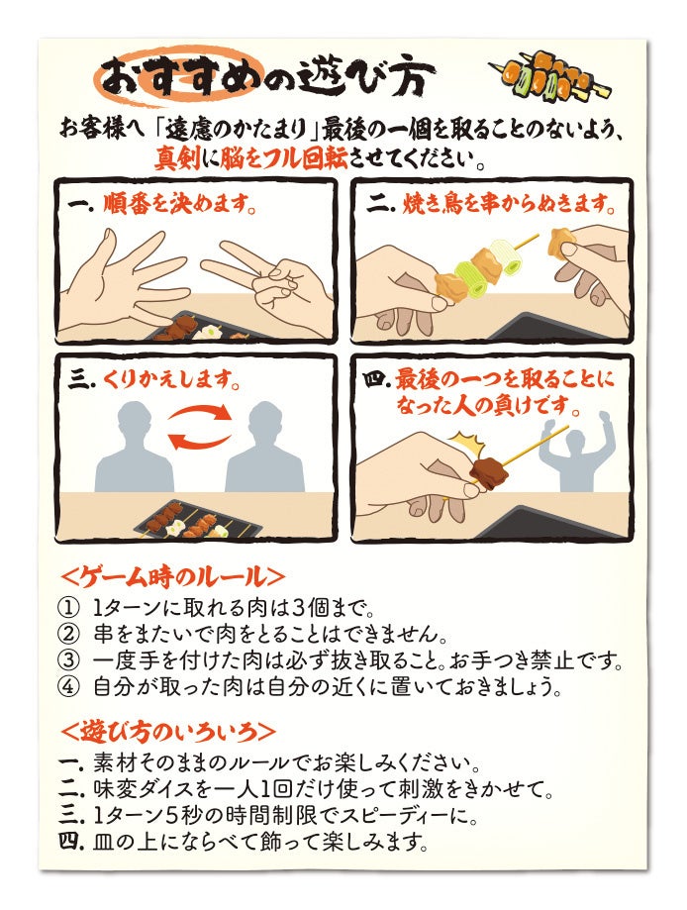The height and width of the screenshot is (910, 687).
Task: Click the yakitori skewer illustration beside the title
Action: [549, 76]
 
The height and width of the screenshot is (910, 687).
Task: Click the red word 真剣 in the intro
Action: [177, 157]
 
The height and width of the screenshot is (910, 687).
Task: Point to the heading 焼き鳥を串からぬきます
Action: [508, 204]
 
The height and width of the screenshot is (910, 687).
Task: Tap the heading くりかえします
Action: [172, 380]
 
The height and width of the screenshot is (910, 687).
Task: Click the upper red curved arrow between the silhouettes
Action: [200, 413]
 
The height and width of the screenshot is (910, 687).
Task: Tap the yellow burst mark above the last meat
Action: [462, 443]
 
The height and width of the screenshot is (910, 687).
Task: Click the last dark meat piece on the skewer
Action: [489, 470]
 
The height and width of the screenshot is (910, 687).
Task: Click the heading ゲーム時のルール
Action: [173, 576]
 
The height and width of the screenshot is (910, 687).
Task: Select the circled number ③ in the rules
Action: [68, 660]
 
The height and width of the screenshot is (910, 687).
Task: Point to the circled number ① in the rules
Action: [68, 609]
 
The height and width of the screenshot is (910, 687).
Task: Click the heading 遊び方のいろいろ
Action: [167, 731]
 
